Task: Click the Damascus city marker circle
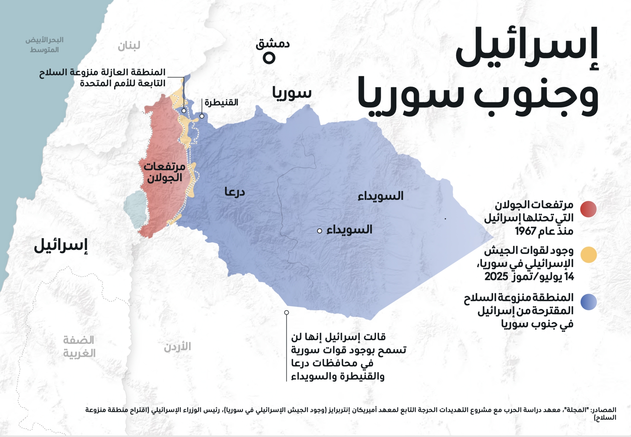point(269,58)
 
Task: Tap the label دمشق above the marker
point(273,44)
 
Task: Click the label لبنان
point(129,46)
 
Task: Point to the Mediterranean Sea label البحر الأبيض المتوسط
point(45,45)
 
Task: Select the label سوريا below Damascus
point(292,93)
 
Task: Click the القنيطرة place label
point(221,102)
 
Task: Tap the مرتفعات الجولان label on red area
point(164,172)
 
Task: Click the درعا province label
point(234,192)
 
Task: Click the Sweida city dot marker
point(319,231)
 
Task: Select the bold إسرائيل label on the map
point(61,245)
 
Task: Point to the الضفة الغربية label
point(79,347)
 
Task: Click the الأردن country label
point(177,347)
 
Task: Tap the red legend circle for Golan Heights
point(588,209)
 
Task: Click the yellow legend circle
point(588,255)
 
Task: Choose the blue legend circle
point(588,302)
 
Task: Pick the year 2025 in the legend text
point(496,277)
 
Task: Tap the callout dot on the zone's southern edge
point(287,313)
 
